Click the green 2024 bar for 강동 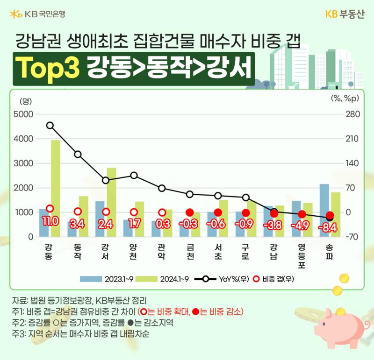pos(55,188)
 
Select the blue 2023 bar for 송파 pos(324,210)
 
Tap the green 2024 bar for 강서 pos(111,202)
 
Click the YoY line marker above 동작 pos(78,155)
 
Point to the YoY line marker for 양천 pos(134,176)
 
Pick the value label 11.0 pos(50,222)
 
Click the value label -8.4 pos(328,228)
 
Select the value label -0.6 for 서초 pos(216,224)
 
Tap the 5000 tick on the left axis pos(23,114)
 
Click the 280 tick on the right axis pos(353,114)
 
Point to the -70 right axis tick pos(352,237)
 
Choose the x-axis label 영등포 pos(302,256)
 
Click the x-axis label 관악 pos(161,252)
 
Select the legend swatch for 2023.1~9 pos(91,279)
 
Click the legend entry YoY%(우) pos(222,279)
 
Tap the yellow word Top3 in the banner pos(48,67)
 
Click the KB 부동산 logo pos(345,14)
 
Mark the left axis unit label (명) pos(26,101)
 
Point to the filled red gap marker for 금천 pos(190,212)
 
